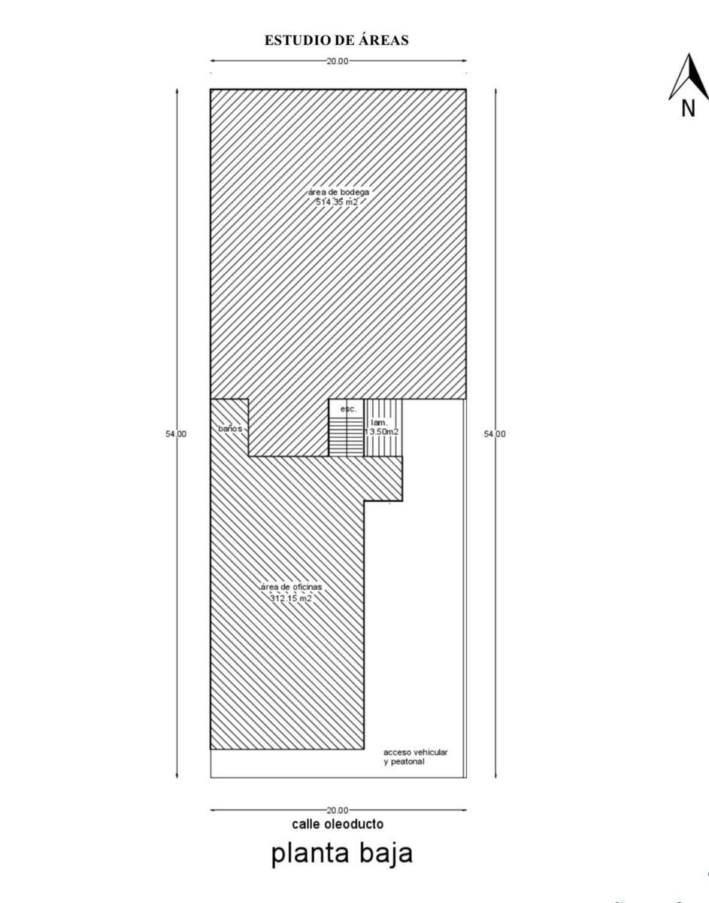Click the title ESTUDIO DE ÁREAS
pyautogui.click(x=337, y=41)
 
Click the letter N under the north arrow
pyautogui.click(x=688, y=108)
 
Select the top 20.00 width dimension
pyautogui.click(x=338, y=61)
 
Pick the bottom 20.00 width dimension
pyautogui.click(x=338, y=810)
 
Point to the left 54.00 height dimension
pyautogui.click(x=176, y=434)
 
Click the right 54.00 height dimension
pyautogui.click(x=495, y=434)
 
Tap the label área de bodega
pyautogui.click(x=338, y=193)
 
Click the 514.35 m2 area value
pyautogui.click(x=337, y=202)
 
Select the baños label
pyautogui.click(x=230, y=428)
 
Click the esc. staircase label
pyautogui.click(x=349, y=409)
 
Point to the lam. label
pyautogui.click(x=379, y=423)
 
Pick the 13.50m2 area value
pyautogui.click(x=382, y=432)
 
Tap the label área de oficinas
pyautogui.click(x=292, y=587)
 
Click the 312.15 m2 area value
pyautogui.click(x=291, y=598)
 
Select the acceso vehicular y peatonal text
pyautogui.click(x=416, y=757)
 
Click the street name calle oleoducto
pyautogui.click(x=338, y=824)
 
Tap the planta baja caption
pyautogui.click(x=342, y=854)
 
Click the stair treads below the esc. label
pyautogui.click(x=346, y=437)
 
